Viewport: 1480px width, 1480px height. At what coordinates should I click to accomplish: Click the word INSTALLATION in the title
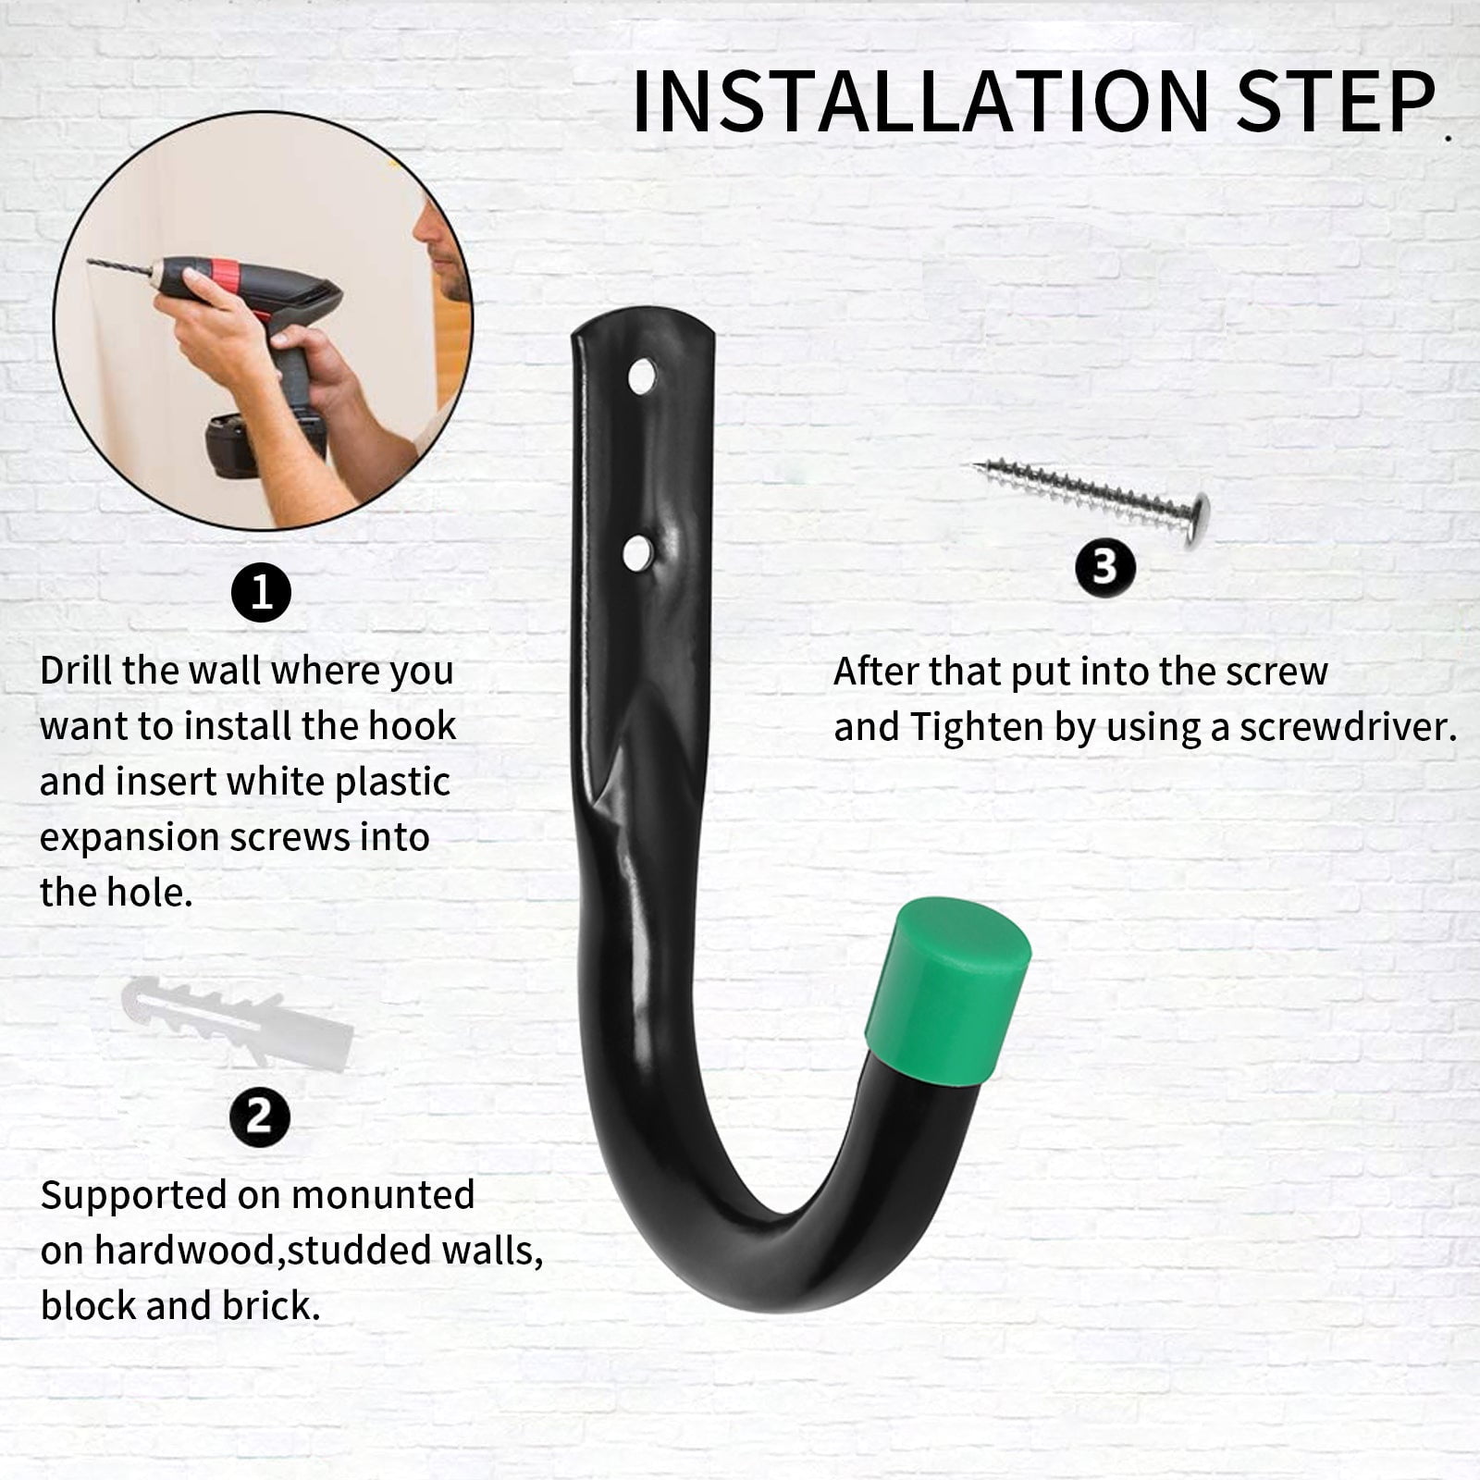[x=921, y=101]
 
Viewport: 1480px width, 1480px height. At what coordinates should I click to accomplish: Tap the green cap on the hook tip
[x=947, y=991]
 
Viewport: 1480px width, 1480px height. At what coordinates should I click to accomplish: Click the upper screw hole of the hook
[x=642, y=377]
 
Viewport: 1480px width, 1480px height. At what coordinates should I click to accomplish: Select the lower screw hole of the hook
[x=637, y=553]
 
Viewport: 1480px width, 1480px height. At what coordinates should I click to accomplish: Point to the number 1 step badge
[x=261, y=591]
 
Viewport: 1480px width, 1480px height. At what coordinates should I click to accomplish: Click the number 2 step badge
[x=260, y=1116]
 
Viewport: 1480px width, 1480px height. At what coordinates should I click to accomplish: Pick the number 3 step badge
[x=1105, y=567]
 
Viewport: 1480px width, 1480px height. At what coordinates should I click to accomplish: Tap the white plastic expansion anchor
[x=238, y=1022]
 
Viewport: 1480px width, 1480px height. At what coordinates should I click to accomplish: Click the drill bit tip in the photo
[x=90, y=262]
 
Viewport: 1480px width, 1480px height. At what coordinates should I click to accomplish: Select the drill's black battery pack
[x=265, y=443]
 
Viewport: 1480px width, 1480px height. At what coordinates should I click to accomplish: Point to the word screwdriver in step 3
[x=1348, y=728]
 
